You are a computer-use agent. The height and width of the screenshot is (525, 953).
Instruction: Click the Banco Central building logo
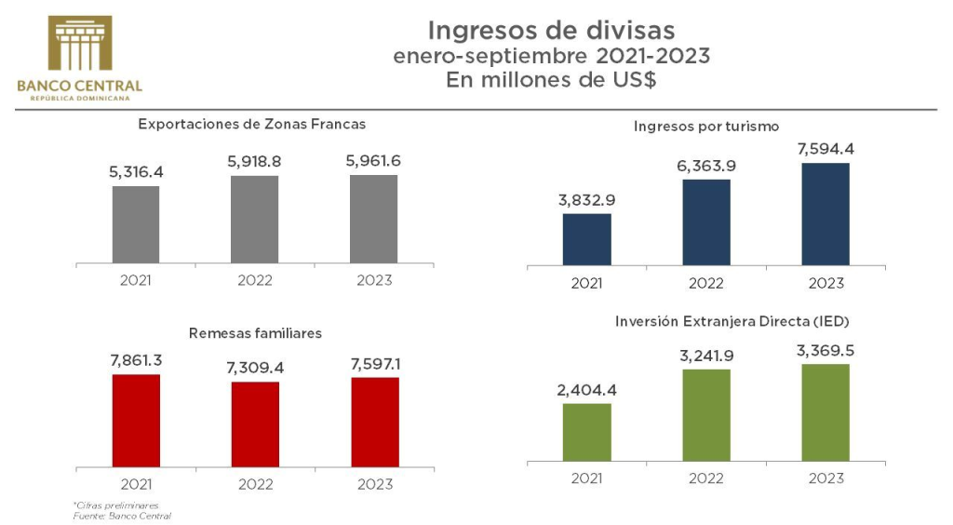coord(79,46)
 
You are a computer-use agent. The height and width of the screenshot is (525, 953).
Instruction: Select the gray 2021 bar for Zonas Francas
coord(136,223)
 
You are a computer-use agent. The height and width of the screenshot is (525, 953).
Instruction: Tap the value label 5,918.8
coord(254,161)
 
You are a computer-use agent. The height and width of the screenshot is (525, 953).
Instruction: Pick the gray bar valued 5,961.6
coord(373,219)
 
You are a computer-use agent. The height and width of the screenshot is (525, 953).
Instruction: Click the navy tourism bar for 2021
coord(587,239)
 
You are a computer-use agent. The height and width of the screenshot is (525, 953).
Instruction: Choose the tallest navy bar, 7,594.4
coord(825,214)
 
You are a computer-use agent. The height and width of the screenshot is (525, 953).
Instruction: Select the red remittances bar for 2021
coord(136,420)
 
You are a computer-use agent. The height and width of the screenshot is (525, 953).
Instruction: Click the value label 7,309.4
coord(254,368)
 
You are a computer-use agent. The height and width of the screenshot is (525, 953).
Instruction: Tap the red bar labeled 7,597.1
coord(374,421)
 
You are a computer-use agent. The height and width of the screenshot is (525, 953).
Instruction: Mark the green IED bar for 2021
coord(587,432)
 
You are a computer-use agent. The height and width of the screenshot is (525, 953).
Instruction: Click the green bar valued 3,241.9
coord(706,415)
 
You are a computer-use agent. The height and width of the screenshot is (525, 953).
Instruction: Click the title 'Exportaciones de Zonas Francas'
coord(251,123)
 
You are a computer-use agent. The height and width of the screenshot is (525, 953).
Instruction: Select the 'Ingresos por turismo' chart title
coord(705,125)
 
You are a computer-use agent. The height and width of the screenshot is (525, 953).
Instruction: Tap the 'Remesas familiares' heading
coord(255,332)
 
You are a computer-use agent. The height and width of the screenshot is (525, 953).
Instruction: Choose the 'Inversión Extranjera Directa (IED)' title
coord(732,321)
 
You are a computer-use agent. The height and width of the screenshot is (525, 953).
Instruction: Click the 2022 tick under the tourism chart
coord(706,283)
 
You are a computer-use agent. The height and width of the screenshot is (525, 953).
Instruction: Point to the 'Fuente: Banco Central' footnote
coord(122,515)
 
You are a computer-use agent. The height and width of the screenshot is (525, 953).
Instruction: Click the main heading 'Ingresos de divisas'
coord(551,31)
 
